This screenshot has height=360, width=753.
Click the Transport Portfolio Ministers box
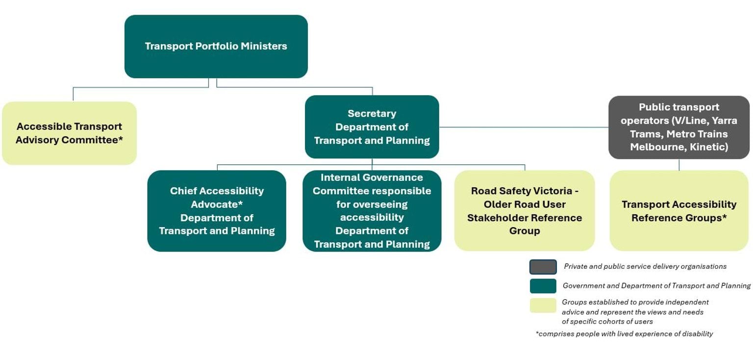(216, 47)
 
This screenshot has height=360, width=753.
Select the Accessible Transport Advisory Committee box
(69, 133)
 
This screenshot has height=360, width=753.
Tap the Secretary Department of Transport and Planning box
(372, 127)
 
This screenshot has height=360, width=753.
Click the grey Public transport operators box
(679, 127)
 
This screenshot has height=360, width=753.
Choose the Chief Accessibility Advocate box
(217, 211)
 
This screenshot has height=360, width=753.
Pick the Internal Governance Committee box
(372, 211)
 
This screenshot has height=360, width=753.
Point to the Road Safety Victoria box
(525, 211)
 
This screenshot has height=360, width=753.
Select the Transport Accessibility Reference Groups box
(679, 211)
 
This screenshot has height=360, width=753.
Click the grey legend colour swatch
(543, 267)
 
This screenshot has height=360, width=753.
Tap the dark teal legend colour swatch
(543, 286)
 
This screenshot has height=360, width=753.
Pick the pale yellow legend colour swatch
(543, 305)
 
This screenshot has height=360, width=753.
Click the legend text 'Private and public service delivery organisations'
(645, 266)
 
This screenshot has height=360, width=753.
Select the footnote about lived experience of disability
(624, 334)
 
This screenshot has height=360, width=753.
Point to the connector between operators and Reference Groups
(679, 165)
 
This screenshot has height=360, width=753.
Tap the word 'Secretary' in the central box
(372, 113)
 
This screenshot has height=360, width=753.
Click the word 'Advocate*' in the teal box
(217, 204)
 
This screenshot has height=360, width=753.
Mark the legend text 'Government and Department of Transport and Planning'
(656, 285)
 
